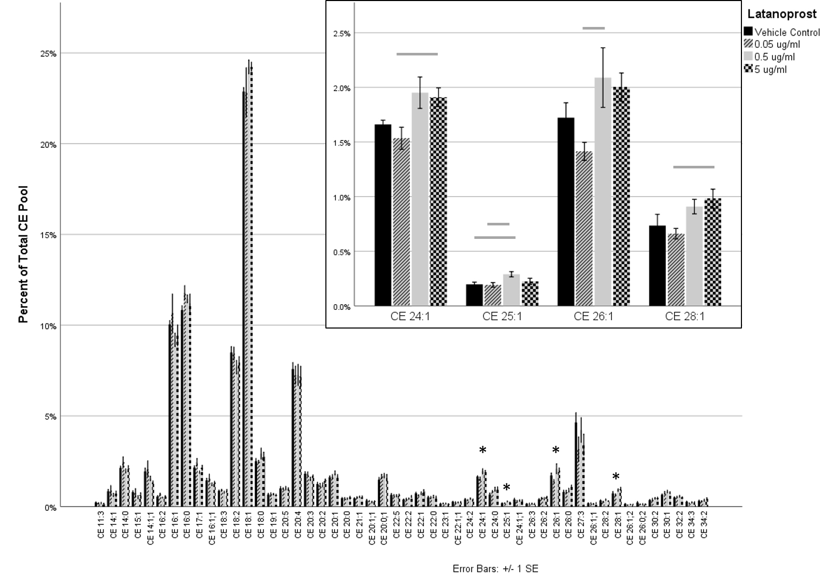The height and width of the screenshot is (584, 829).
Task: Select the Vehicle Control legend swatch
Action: click(748, 32)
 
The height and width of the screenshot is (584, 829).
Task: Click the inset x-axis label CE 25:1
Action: click(502, 317)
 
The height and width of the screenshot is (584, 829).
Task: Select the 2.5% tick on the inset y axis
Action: click(341, 34)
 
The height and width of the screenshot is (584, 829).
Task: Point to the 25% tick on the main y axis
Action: click(49, 53)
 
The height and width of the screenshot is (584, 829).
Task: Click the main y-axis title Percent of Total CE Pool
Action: click(23, 254)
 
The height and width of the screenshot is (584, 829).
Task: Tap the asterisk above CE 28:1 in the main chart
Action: click(616, 477)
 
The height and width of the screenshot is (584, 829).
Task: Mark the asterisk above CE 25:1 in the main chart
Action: click(507, 487)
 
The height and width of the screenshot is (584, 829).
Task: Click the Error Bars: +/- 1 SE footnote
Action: click(495, 569)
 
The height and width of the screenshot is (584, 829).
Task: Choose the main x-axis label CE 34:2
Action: click(704, 529)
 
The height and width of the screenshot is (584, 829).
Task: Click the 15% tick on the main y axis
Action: click(49, 235)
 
